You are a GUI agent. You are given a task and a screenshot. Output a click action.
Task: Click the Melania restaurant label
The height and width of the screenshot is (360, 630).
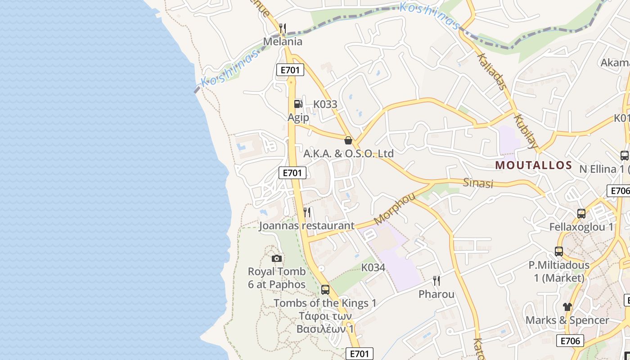[283, 42]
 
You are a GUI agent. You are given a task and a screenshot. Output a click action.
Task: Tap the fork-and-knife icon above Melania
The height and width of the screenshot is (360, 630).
[283, 28]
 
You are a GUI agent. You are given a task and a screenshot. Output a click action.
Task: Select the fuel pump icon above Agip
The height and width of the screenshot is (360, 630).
[298, 104]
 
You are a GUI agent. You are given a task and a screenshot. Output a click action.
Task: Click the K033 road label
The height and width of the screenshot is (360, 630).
[325, 104]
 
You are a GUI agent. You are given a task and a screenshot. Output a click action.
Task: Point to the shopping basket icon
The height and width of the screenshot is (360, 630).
[348, 140]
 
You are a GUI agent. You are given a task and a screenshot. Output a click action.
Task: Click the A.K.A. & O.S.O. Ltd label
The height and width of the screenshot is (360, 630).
[348, 153]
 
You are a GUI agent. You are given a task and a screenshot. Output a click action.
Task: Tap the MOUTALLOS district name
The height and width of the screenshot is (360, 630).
[533, 165]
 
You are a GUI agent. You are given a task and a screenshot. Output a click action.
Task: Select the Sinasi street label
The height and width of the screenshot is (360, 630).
[478, 183]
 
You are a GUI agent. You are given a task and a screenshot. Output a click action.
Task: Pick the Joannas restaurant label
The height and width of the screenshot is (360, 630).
[306, 225]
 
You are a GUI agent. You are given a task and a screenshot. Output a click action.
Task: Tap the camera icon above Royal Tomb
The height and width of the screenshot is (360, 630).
[277, 258]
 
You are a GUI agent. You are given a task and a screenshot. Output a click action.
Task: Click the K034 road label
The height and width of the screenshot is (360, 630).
[373, 268]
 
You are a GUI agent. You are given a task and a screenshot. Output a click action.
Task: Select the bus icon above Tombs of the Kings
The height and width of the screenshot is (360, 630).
[325, 290]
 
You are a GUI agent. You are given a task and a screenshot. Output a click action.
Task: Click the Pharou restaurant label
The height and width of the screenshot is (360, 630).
[436, 294]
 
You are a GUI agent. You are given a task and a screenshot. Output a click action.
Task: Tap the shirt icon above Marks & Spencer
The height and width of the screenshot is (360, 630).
[567, 307]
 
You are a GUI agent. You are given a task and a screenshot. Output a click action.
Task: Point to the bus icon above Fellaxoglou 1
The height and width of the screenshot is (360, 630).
[581, 213]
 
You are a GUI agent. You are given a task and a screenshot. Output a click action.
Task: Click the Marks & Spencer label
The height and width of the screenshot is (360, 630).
[567, 320]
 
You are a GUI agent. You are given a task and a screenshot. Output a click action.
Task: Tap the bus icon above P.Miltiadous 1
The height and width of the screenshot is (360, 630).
[559, 252]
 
